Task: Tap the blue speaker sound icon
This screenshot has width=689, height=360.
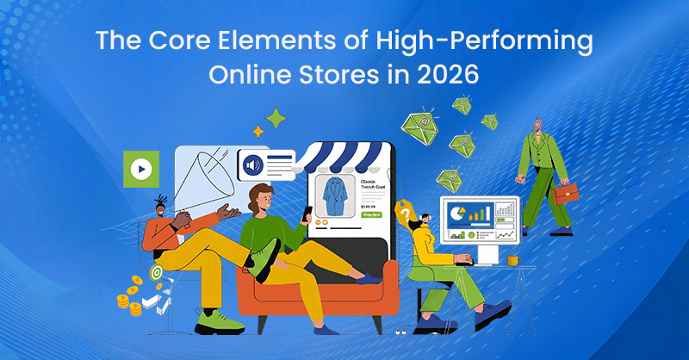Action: [x=253, y=165]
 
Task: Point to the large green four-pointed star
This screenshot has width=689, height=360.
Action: [x=276, y=118]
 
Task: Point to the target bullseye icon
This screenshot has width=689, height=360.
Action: [x=156, y=272]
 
